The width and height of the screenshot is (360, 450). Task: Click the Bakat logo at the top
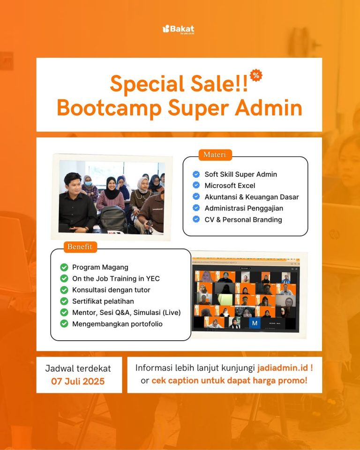click(x=178, y=29)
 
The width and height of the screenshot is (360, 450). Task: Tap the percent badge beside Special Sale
click(x=256, y=75)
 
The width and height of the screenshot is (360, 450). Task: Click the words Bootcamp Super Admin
click(x=180, y=107)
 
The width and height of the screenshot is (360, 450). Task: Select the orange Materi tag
click(x=215, y=154)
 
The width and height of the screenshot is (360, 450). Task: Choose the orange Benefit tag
click(x=80, y=246)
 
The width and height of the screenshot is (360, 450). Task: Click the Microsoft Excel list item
click(x=230, y=186)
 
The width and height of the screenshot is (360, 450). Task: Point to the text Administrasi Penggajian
click(x=244, y=208)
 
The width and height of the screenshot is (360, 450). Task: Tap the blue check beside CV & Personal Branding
click(x=196, y=219)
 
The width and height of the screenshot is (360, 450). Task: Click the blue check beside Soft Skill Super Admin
click(x=196, y=174)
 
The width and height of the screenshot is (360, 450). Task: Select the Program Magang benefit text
click(x=100, y=267)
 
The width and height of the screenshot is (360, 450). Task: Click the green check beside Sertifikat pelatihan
click(x=64, y=301)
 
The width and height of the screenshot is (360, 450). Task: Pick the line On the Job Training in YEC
click(x=116, y=278)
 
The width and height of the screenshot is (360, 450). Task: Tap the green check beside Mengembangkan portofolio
click(x=64, y=324)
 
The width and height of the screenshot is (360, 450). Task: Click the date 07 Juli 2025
click(x=78, y=381)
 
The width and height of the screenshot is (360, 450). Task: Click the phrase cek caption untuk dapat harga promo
click(x=229, y=381)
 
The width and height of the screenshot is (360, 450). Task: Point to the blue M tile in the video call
click(x=255, y=323)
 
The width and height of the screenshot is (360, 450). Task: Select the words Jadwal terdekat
click(x=78, y=368)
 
